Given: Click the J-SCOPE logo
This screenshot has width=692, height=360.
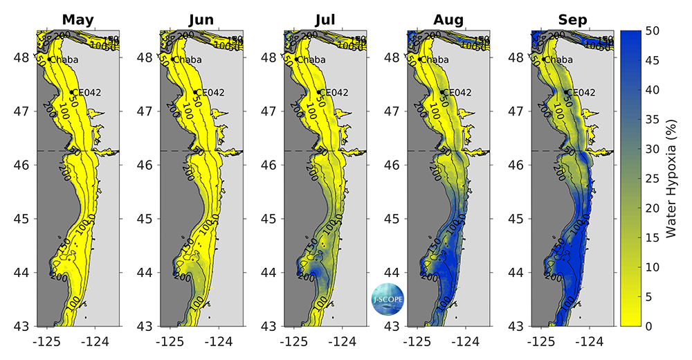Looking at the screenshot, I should [x=388, y=299].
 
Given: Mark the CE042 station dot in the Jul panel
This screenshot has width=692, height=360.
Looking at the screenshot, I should [x=319, y=92].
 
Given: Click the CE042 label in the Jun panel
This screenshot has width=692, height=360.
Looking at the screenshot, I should [x=210, y=92].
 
